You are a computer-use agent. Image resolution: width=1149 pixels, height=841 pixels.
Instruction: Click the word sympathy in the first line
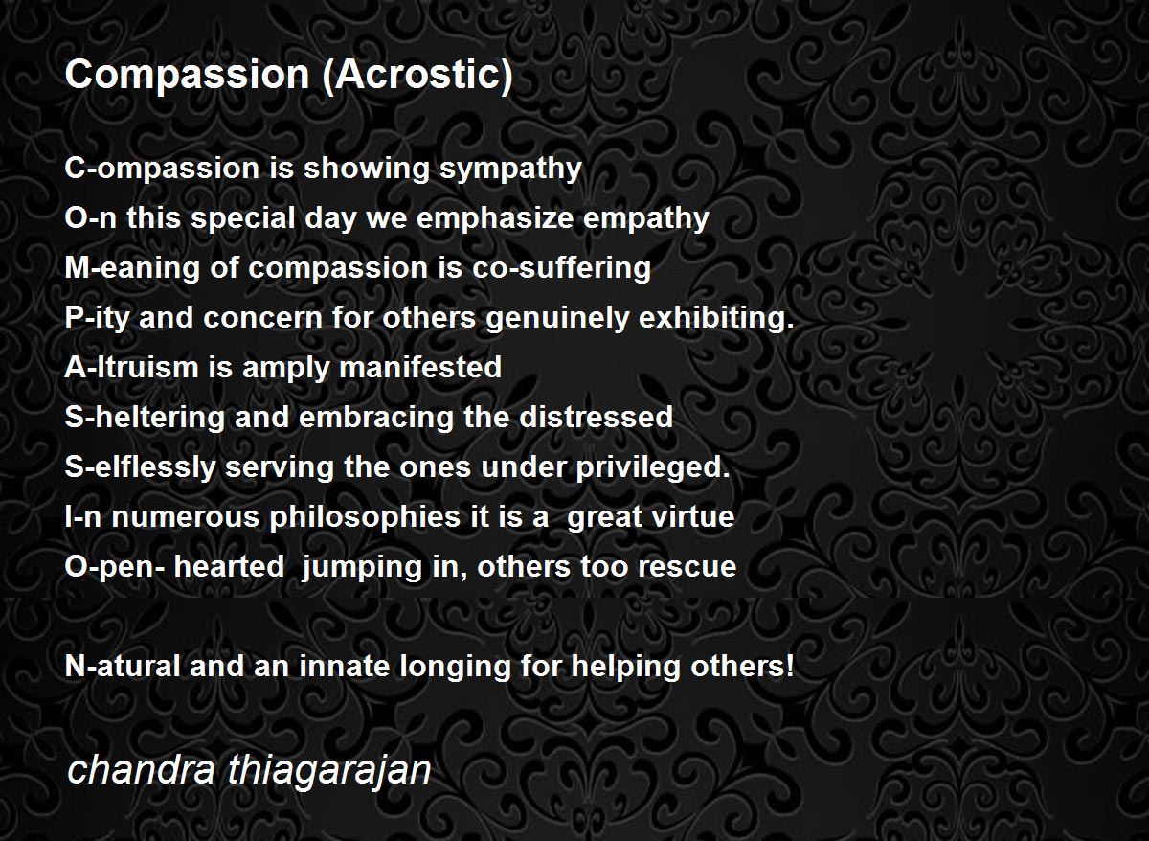[510, 170]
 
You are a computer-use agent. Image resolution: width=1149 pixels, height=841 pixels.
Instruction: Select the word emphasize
[494, 219]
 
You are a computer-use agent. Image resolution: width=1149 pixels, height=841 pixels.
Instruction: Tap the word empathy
[646, 219]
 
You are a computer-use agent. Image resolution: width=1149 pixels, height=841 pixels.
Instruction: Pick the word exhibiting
[716, 318]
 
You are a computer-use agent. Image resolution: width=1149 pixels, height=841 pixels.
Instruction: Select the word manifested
[420, 367]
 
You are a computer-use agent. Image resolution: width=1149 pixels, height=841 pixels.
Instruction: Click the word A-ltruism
[131, 367]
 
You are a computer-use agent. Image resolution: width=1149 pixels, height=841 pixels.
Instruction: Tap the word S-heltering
[145, 419]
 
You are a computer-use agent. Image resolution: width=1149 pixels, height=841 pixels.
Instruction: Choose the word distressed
[596, 417]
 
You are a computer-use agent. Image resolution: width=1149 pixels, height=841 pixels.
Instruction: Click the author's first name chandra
[141, 769]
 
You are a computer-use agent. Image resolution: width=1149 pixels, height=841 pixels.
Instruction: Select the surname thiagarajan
[328, 771]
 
